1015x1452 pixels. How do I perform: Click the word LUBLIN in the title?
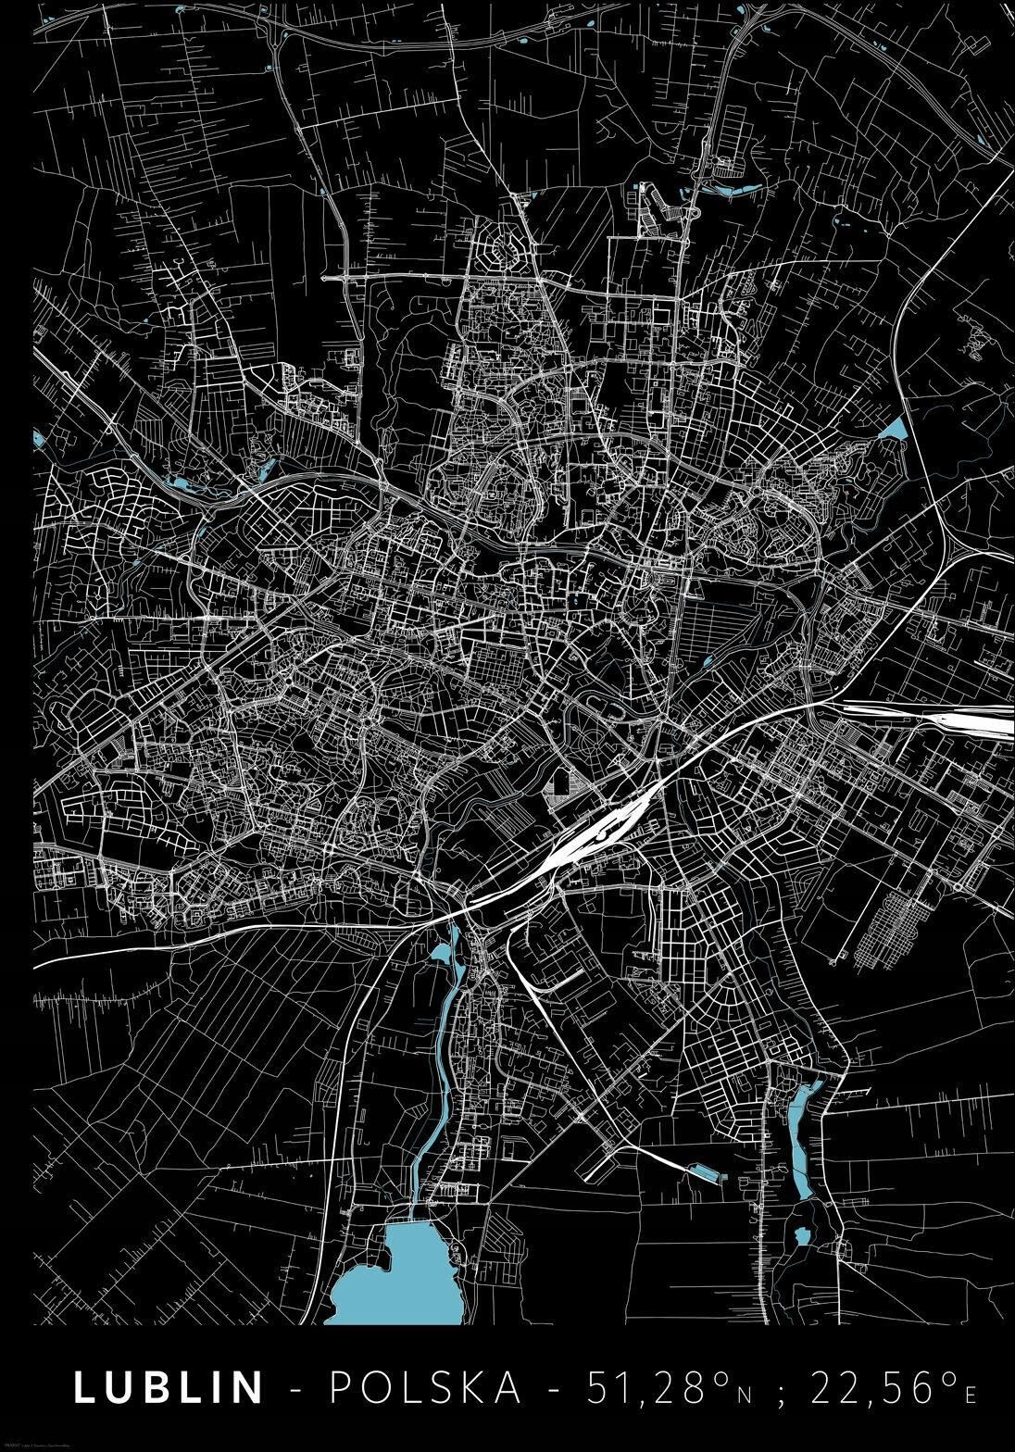point(169,1387)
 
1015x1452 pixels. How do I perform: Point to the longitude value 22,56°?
point(882,1387)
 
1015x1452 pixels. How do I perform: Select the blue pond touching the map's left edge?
point(38,436)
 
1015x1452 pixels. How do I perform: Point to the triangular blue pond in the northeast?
point(894,430)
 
